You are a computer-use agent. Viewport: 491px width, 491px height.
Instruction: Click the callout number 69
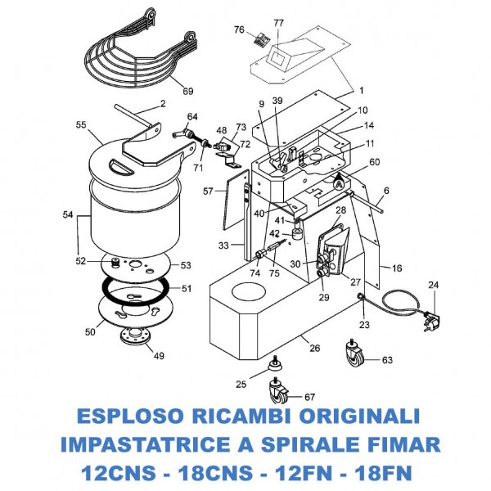click(188, 90)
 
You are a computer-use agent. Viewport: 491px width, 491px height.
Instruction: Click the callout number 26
click(313, 348)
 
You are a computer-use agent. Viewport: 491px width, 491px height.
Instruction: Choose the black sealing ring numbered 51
click(135, 287)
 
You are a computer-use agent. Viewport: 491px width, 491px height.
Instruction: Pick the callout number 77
click(278, 23)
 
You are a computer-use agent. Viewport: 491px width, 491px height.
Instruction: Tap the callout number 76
click(238, 29)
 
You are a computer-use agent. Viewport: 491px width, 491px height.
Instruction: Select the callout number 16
click(397, 268)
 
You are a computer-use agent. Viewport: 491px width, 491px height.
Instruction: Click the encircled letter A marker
click(337, 184)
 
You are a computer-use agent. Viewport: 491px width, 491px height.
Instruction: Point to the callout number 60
click(375, 162)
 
